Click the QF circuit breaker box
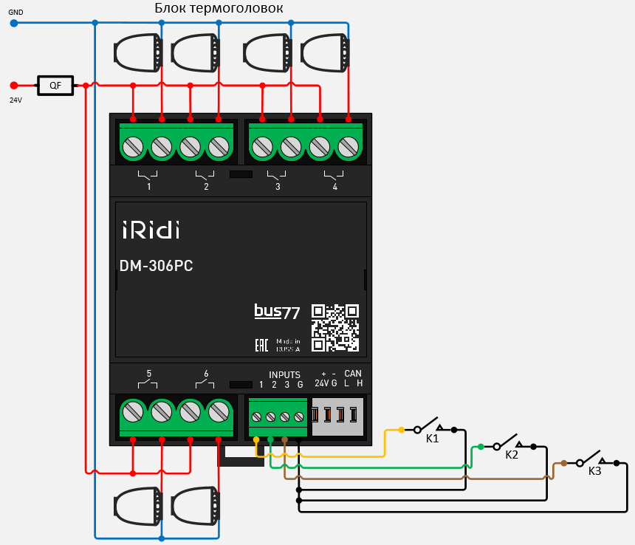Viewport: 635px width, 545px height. [55, 86]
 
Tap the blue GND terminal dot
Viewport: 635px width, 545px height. [13, 23]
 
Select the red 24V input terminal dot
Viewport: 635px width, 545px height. [13, 86]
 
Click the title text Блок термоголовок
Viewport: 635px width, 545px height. [219, 8]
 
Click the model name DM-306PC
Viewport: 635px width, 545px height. [157, 267]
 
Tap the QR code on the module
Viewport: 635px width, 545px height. [334, 327]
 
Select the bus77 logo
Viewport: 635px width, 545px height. [277, 312]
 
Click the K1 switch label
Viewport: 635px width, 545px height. [433, 439]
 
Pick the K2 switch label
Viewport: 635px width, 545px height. [512, 455]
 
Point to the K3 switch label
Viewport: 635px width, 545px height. [594, 470]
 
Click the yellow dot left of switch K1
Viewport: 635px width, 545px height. [401, 429]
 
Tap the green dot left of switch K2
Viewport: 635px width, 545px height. [481, 447]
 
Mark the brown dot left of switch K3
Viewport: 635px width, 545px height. [563, 463]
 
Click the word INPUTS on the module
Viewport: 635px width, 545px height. [284, 375]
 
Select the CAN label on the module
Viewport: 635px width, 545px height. [353, 374]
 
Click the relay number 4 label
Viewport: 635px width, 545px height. [335, 187]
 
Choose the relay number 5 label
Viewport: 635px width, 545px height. [148, 374]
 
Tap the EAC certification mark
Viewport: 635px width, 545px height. [261, 345]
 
